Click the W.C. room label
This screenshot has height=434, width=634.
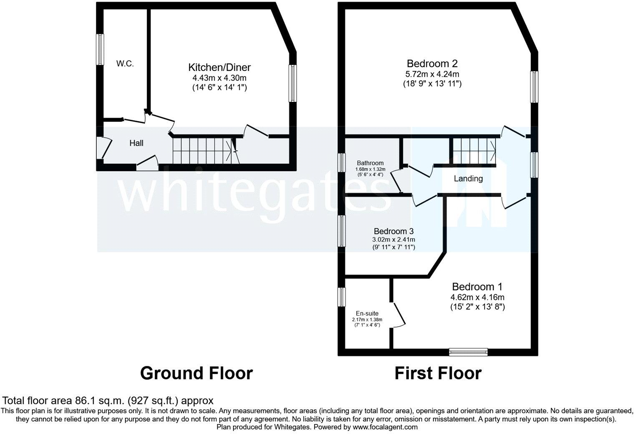125,64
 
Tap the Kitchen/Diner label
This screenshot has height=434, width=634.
219,67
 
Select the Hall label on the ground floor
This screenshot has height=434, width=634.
136,143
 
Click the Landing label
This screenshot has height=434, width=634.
468,179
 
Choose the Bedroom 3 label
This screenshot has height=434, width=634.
393,231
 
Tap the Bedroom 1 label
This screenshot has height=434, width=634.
477,287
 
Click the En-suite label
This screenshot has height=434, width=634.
367,313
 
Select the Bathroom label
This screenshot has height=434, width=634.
370,163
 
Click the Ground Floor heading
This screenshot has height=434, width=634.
196,373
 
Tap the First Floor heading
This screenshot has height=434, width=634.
438,373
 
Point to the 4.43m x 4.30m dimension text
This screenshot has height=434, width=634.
219,78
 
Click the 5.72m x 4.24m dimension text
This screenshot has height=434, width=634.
432,74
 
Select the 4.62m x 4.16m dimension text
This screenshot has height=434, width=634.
477,298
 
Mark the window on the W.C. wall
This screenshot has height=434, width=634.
100,49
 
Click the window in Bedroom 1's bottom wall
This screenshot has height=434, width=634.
468,352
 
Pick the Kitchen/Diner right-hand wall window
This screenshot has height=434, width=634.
293,83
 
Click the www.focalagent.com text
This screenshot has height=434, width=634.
385,427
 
